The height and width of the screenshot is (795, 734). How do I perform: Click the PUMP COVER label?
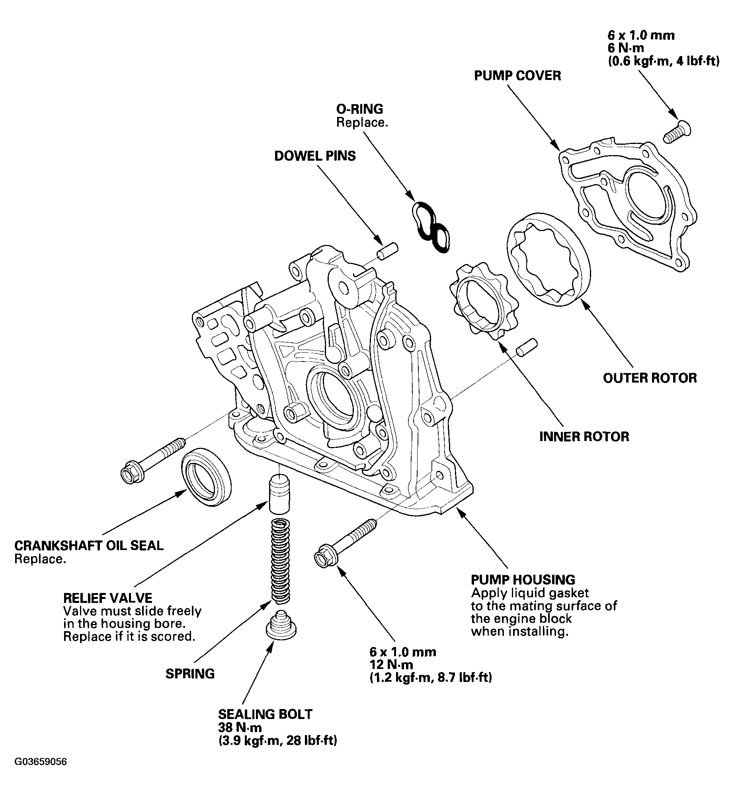pyautogui.click(x=517, y=76)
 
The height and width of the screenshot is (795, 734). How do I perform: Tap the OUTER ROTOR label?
pyautogui.click(x=650, y=378)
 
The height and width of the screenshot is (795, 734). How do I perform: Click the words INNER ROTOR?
pyautogui.click(x=584, y=437)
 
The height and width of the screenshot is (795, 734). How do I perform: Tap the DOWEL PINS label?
pyautogui.click(x=315, y=156)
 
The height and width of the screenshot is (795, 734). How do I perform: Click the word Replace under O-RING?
pyautogui.click(x=362, y=122)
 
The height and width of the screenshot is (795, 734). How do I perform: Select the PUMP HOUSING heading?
pyautogui.click(x=523, y=580)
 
